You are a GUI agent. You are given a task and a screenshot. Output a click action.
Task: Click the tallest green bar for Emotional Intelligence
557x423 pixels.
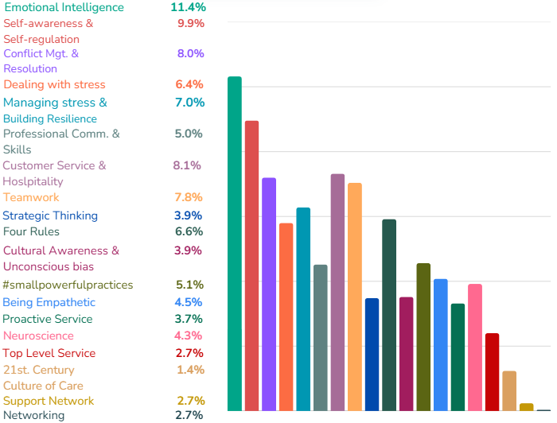(x=235, y=243)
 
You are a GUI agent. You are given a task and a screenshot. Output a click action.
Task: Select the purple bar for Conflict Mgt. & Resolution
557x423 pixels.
(x=269, y=294)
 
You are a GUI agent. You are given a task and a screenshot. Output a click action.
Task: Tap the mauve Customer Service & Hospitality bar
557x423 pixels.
(x=337, y=292)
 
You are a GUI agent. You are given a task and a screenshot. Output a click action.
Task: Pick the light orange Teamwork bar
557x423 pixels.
(x=355, y=297)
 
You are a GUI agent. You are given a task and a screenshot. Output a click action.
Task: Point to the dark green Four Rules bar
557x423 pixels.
(x=389, y=315)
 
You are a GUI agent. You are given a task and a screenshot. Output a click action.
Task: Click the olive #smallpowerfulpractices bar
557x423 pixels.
(x=423, y=336)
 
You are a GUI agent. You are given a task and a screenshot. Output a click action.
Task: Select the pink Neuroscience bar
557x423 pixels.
(x=475, y=347)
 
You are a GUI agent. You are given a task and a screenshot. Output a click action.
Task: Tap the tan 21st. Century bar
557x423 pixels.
(x=509, y=390)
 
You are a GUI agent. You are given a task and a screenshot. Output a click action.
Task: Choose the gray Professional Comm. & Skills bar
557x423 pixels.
(x=320, y=337)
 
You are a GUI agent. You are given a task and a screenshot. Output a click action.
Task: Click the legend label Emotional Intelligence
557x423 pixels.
(x=64, y=7)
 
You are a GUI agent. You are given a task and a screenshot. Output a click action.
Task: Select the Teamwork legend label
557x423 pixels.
(x=31, y=197)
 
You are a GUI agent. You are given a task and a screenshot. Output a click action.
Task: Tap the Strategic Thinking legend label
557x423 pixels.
(x=50, y=215)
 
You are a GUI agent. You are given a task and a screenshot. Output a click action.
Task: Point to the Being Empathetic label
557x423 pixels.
(x=49, y=302)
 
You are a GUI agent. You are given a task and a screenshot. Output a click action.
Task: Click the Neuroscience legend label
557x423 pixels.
(x=38, y=336)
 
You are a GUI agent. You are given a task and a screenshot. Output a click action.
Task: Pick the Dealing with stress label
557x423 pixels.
(x=54, y=84)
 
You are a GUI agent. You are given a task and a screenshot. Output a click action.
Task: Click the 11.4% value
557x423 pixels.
(x=188, y=7)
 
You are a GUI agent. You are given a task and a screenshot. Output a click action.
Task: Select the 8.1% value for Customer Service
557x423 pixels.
(x=187, y=165)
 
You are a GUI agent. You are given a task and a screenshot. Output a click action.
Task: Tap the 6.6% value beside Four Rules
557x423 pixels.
(x=189, y=231)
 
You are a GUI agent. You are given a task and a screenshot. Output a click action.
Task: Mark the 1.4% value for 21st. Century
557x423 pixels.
(x=190, y=370)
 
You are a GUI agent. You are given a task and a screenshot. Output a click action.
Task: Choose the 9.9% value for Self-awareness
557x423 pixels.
(x=190, y=23)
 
